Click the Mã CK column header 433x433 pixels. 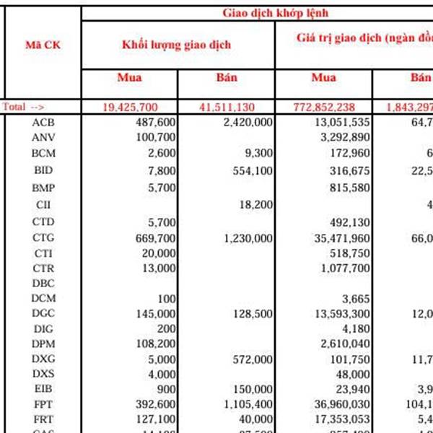pyautogui.click(x=43, y=44)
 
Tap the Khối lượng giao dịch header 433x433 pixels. pyautogui.click(x=177, y=45)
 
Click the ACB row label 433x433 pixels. pyautogui.click(x=43, y=122)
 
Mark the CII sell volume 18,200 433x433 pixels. pyautogui.click(x=256, y=205)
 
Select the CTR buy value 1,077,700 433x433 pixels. pyautogui.click(x=344, y=268)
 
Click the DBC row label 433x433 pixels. pyautogui.click(x=43, y=284)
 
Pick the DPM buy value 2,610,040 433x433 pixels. pyautogui.click(x=344, y=343)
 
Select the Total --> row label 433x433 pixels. pyautogui.click(x=24, y=107)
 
